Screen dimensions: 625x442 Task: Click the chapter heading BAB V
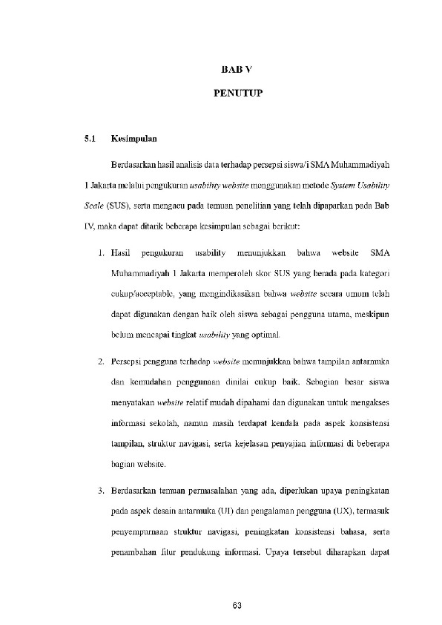click(237, 70)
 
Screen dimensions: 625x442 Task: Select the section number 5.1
click(90, 138)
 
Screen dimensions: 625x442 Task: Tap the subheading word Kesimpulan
click(133, 138)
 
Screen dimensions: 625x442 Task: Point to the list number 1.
click(100, 254)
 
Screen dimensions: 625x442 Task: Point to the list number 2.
click(100, 361)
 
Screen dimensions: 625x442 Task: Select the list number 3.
click(100, 491)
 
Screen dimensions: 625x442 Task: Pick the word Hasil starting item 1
click(120, 254)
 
